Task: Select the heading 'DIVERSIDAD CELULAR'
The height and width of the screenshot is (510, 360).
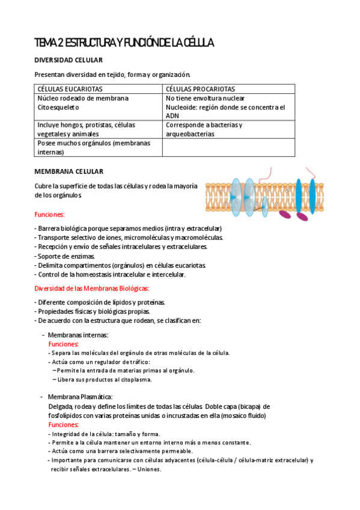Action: click(x=69, y=60)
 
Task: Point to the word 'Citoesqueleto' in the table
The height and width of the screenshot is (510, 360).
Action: click(x=58, y=107)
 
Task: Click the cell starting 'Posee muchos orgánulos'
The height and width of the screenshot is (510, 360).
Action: click(x=93, y=147)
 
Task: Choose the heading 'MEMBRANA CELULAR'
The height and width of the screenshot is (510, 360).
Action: click(x=69, y=171)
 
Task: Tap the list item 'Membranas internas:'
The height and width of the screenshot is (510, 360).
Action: click(x=78, y=334)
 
